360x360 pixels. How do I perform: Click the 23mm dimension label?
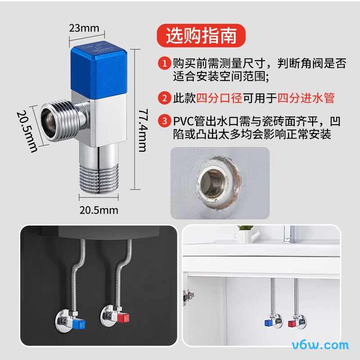click(x=84, y=28)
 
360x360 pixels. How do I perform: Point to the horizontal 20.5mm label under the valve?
click(x=99, y=210)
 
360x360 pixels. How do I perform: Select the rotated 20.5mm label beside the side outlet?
click(x=27, y=131)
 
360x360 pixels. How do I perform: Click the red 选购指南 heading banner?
click(x=201, y=36)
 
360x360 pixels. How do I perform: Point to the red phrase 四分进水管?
click(x=306, y=97)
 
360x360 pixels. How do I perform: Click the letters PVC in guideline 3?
click(x=184, y=121)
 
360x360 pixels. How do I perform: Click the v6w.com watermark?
click(x=320, y=346)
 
